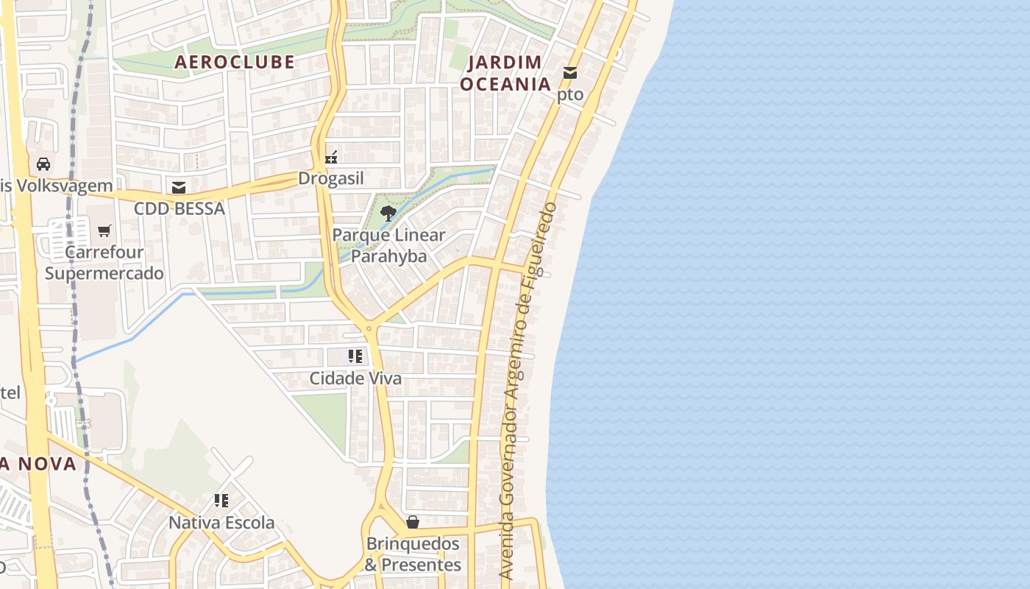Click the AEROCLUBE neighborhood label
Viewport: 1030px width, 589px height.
tap(234, 62)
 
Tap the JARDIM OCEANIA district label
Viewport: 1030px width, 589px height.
tap(505, 73)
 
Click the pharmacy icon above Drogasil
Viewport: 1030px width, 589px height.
tap(332, 157)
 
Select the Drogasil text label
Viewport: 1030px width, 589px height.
tap(331, 179)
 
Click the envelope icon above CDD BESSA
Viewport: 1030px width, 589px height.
tap(178, 187)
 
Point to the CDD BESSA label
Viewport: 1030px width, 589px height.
tap(179, 209)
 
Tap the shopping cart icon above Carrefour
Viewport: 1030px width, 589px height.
tap(104, 230)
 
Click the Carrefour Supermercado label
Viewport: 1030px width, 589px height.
tap(104, 263)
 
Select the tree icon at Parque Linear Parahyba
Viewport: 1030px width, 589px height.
tap(388, 214)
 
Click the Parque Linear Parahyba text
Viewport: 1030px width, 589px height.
tap(388, 246)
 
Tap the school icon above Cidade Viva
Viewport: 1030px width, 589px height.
tap(355, 356)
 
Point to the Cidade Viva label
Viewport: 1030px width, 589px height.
tap(355, 378)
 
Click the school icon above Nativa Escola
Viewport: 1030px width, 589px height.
tap(221, 501)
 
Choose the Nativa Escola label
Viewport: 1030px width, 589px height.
tap(221, 523)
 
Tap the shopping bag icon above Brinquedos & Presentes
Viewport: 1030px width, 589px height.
tap(413, 522)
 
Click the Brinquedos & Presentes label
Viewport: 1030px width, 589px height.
tap(413, 554)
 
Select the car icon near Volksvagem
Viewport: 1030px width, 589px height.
tap(43, 163)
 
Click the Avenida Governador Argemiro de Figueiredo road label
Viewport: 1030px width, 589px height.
tap(528, 390)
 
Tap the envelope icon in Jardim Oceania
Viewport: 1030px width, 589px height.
tap(570, 73)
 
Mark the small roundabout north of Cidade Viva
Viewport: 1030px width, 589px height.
tap(369, 327)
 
